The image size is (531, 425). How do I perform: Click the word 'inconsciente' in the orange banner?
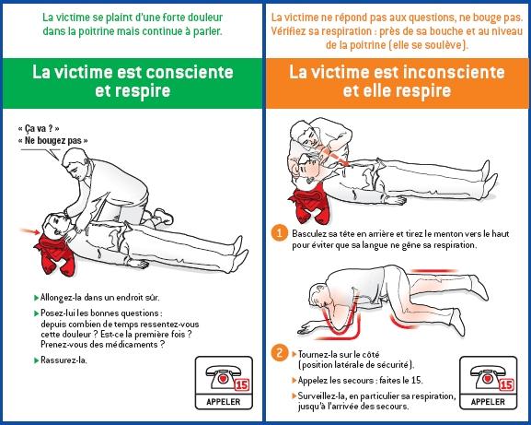click(445, 71)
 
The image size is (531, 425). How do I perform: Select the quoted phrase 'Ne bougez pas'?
click(53, 140)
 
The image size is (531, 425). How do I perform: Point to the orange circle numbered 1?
click(280, 233)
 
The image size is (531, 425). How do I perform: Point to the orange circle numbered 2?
click(280, 353)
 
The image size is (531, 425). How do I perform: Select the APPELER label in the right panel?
click(487, 403)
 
